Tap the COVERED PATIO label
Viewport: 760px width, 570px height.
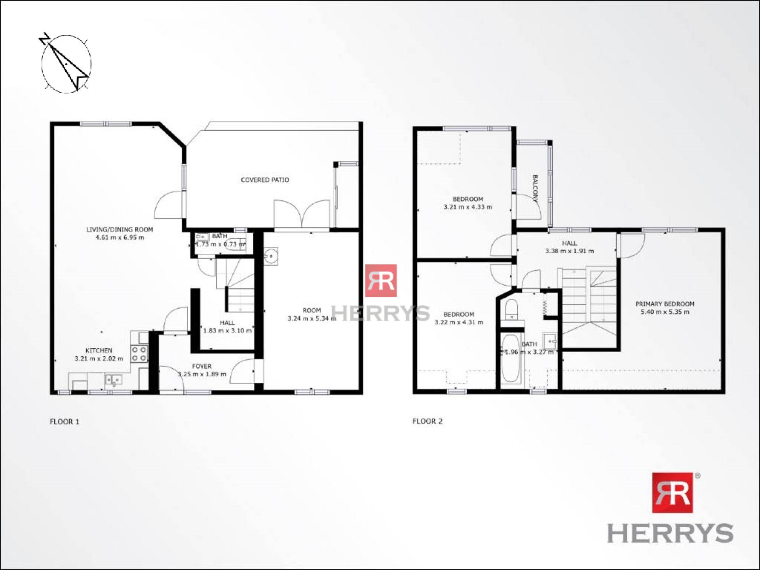click(265, 180)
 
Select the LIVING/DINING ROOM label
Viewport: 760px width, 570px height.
click(120, 229)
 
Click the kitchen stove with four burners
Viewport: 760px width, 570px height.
click(139, 354)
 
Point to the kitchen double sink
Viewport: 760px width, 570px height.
click(114, 380)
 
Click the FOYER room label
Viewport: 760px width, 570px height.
click(202, 366)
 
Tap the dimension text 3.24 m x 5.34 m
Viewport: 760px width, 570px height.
click(312, 318)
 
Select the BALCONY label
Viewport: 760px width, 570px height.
click(535, 188)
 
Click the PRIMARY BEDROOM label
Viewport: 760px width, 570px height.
click(665, 304)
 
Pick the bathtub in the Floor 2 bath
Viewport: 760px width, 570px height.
click(511, 360)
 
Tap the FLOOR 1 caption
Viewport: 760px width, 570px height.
click(65, 422)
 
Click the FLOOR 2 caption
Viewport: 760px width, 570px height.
click(427, 421)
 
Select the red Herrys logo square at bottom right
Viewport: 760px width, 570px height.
click(673, 492)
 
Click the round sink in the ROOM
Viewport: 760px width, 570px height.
click(271, 256)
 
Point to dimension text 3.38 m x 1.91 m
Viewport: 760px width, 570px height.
click(570, 251)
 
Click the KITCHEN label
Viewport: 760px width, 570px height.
click(99, 350)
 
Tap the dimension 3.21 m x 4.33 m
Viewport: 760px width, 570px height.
click(468, 207)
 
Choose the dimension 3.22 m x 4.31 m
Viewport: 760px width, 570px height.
click(459, 322)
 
